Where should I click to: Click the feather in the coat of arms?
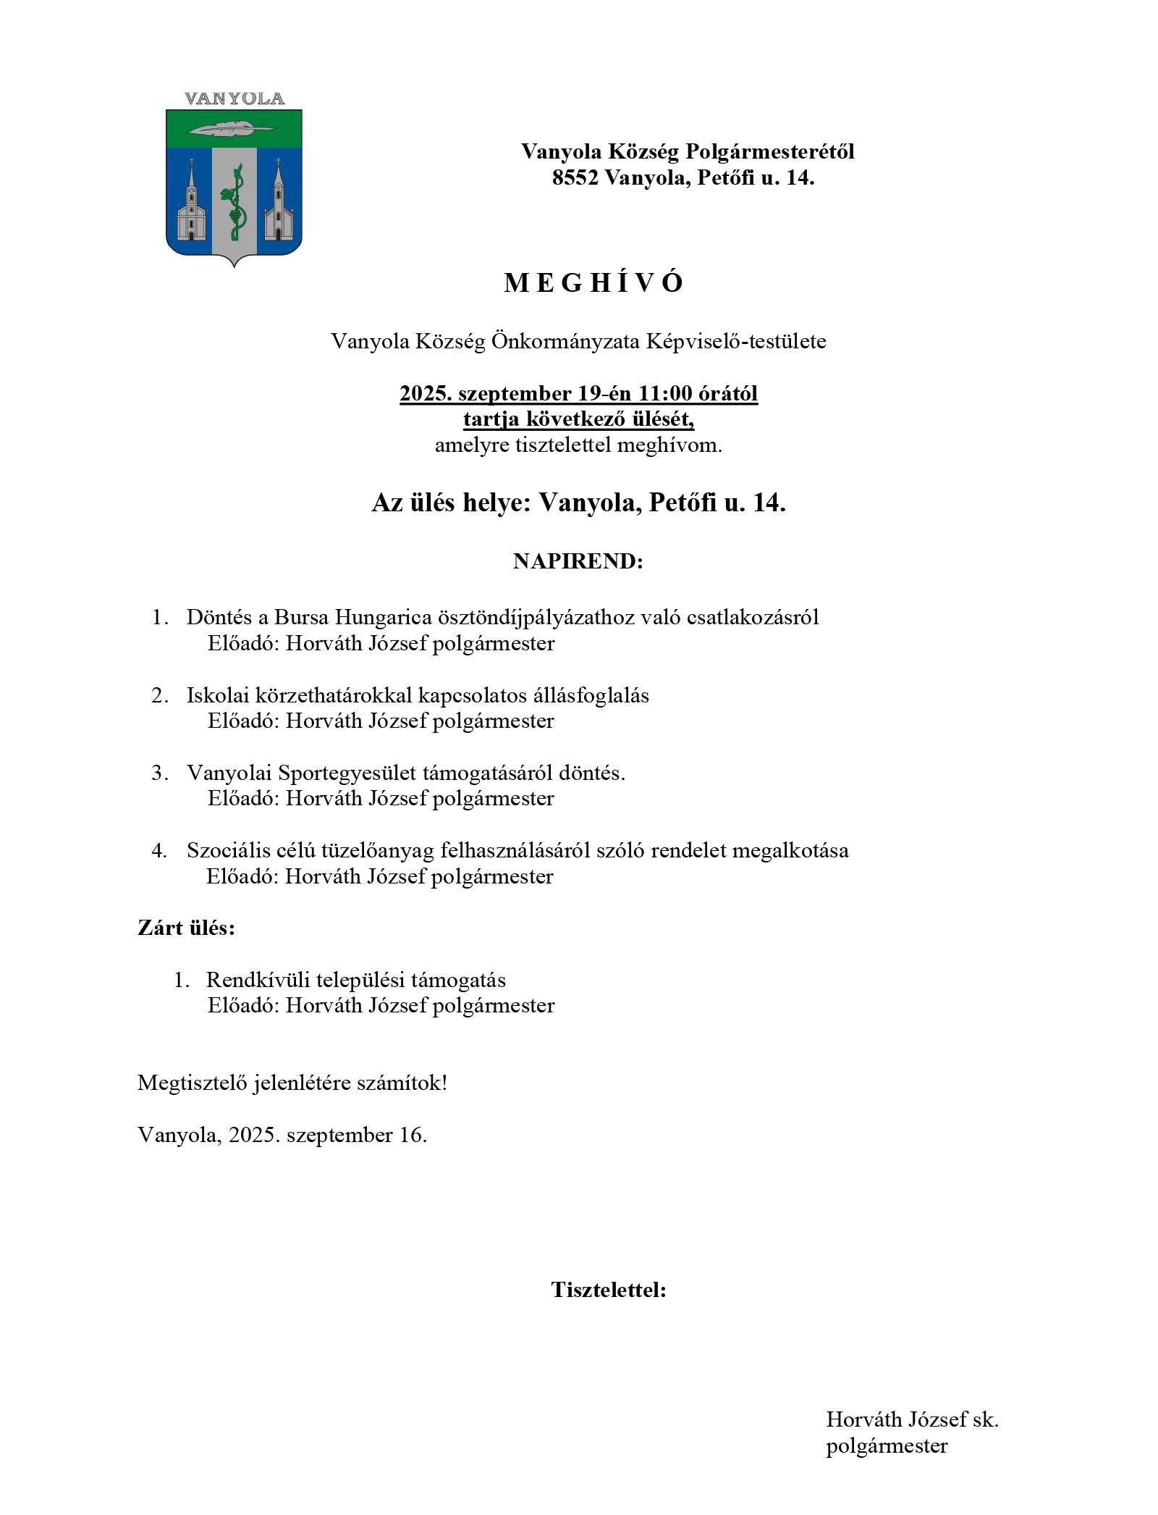point(231,128)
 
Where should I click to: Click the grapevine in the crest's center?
point(234,203)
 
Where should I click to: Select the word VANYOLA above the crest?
point(234,99)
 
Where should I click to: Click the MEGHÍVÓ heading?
point(593,283)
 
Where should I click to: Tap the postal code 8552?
point(575,177)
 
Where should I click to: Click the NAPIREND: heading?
point(578,561)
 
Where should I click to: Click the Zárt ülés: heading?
point(186,928)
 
